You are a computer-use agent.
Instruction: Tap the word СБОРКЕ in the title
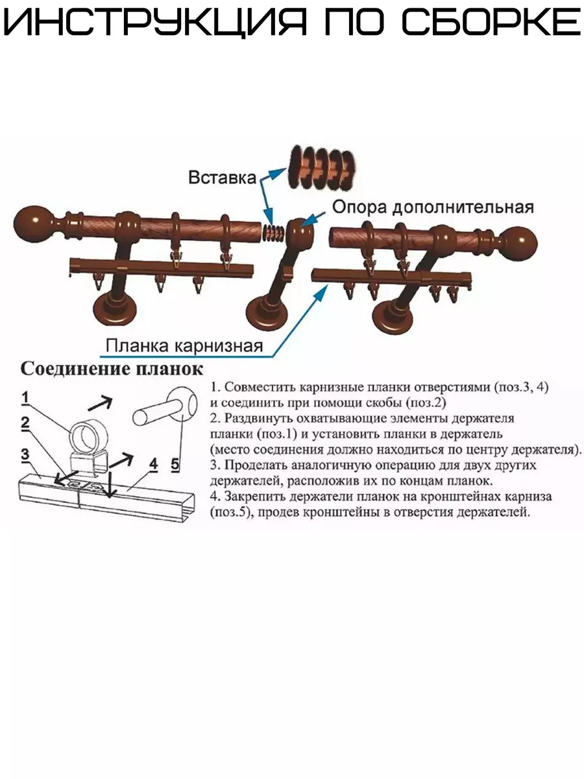pos(491,25)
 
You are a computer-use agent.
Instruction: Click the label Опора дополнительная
pos(433,207)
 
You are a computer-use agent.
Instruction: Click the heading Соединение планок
pos(112,369)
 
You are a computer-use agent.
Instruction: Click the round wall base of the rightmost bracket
pos(396,316)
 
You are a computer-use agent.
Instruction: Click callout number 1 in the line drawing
pos(25,397)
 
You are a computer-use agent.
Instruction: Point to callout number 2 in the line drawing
pos(25,423)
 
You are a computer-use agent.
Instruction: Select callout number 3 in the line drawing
pos(25,454)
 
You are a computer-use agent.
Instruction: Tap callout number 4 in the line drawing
pos(153,464)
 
